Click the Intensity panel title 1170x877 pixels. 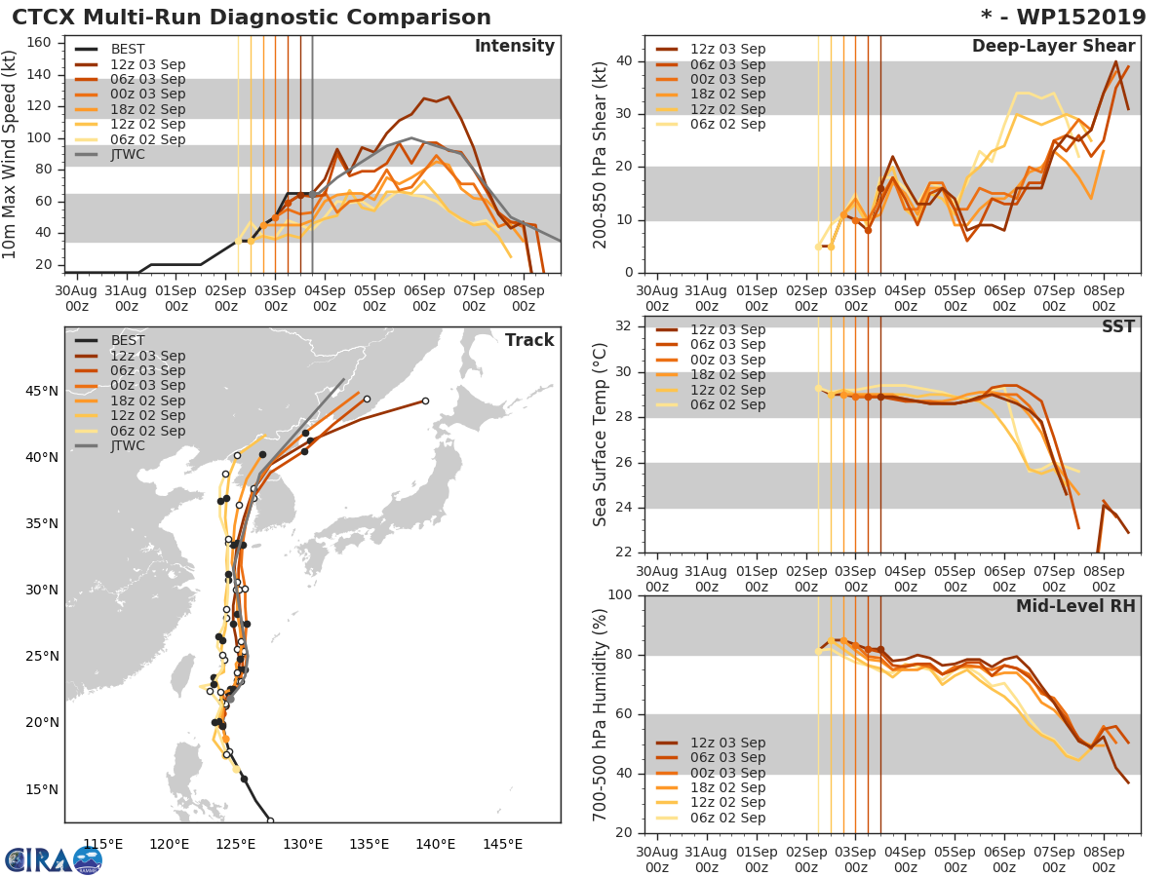click(514, 47)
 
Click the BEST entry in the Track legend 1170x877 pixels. click(128, 340)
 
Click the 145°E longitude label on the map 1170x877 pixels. click(502, 844)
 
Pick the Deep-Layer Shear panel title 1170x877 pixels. click(1053, 47)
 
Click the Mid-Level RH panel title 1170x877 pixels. click(1075, 607)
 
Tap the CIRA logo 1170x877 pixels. click(53, 859)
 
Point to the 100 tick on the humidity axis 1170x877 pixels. click(619, 595)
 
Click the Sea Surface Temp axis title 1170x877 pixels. click(601, 435)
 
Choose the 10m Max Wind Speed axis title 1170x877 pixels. click(11, 155)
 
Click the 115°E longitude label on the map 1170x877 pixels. click(102, 844)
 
